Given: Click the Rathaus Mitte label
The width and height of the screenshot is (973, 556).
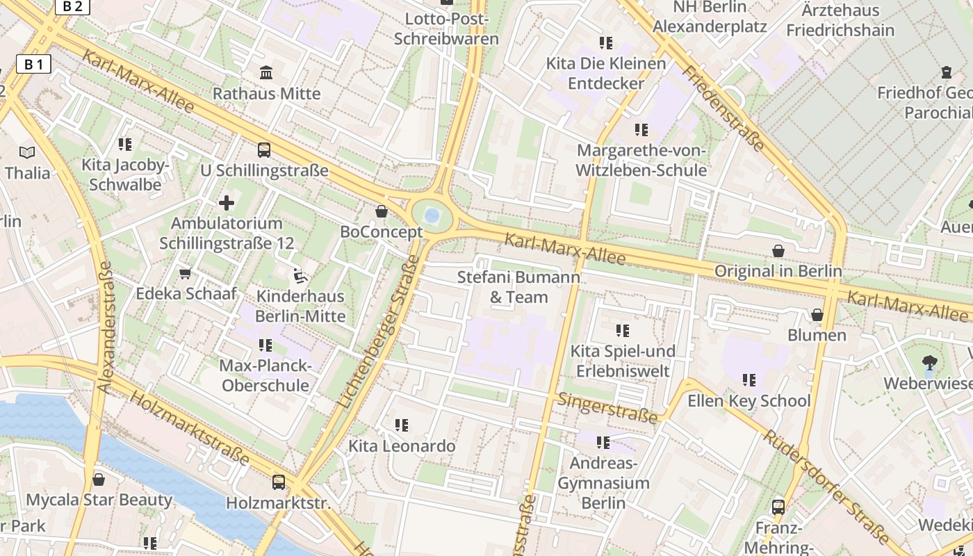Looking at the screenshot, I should (x=266, y=93).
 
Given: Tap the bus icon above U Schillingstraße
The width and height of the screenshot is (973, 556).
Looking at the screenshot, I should (x=264, y=149).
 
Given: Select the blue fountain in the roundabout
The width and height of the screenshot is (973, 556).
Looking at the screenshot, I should (x=432, y=215).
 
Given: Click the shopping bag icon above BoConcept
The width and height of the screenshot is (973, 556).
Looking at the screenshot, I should (x=381, y=211).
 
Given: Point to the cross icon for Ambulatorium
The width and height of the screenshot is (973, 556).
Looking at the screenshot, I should (x=227, y=203).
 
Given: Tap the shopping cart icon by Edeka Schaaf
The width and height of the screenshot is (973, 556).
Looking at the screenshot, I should (x=185, y=273).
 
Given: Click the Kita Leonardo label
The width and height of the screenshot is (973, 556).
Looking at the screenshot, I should (x=402, y=445).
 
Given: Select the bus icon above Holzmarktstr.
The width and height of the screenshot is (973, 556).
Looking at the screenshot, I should (x=278, y=481).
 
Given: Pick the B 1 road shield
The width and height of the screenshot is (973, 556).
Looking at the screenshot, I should (x=33, y=65).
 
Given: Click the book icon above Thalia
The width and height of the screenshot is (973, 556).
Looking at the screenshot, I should (x=27, y=152).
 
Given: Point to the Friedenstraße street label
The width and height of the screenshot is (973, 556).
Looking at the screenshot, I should (x=723, y=108).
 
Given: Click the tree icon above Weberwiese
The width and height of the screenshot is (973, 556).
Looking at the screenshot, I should (x=929, y=362).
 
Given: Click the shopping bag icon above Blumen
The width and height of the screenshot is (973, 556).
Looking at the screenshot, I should (x=817, y=315).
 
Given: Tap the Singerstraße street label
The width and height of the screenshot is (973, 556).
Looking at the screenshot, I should (x=607, y=408).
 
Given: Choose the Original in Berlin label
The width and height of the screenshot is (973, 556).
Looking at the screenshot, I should (x=778, y=271).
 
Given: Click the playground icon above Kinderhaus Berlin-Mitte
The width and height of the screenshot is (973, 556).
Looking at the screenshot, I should (x=300, y=275).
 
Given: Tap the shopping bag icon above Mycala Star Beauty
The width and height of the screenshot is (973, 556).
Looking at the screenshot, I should (x=99, y=480).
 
